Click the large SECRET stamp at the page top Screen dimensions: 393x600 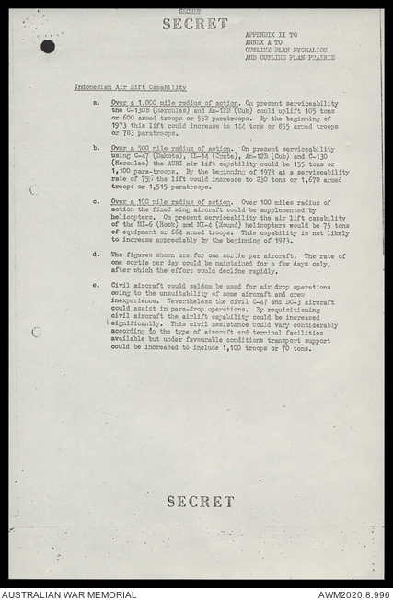(x=195, y=24)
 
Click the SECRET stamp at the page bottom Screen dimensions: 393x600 (x=200, y=502)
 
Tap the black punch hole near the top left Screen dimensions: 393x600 (x=47, y=46)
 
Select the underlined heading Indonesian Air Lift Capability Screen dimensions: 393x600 (x=130, y=86)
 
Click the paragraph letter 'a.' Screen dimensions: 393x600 (x=97, y=102)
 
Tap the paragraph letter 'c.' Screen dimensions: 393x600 (x=97, y=201)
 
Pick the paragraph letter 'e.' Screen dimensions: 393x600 (x=97, y=286)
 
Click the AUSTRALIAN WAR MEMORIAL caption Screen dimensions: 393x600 (x=69, y=594)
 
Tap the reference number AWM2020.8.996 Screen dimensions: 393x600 (x=353, y=594)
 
